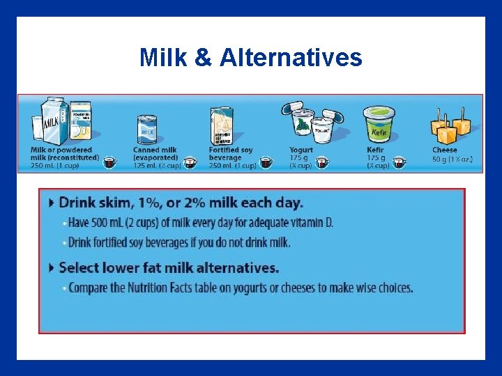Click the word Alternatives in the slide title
coord(291,57)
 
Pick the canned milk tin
coord(147,130)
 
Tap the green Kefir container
coord(379,125)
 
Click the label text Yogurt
coord(301,150)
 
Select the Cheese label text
coord(445,150)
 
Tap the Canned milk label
coord(155,150)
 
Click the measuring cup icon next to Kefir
coord(399,162)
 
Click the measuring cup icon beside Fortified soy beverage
coord(265,162)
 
